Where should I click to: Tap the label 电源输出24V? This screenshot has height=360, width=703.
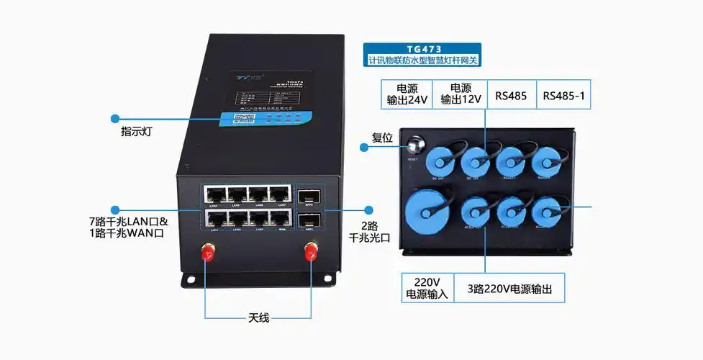406,94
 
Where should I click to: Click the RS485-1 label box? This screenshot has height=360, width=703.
563,95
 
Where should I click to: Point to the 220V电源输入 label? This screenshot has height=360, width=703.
427,288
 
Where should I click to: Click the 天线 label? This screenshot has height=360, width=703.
258,318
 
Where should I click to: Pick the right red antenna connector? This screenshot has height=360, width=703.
311,251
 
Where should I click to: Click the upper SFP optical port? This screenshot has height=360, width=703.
308,196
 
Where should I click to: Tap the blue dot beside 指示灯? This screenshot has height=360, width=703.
114,117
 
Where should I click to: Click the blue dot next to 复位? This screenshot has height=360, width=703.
364,147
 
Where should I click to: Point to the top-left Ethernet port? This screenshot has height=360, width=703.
214,194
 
